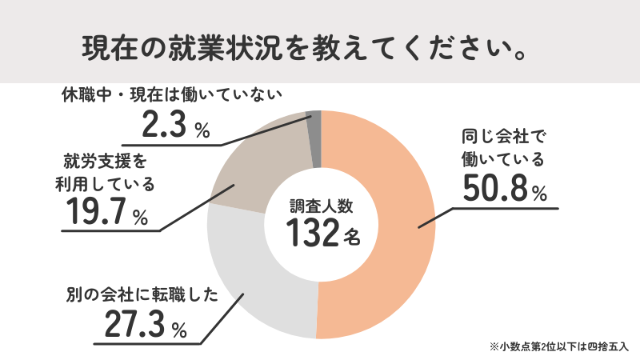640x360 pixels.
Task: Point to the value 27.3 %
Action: [x=145, y=326]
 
